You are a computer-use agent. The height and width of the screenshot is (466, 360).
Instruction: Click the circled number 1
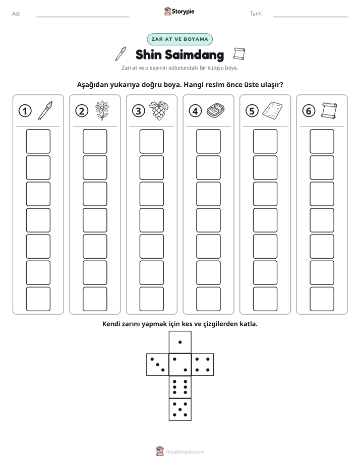coord(25,111)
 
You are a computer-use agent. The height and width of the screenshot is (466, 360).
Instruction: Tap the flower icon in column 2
coord(102,110)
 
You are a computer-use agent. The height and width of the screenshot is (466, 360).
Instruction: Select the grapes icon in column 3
coord(159,110)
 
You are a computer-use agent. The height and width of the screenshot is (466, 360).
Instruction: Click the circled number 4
coord(195,111)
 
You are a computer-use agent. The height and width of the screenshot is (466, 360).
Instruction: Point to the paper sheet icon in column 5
coord(272,110)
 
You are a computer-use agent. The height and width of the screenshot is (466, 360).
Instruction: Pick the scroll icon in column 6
coord(329,110)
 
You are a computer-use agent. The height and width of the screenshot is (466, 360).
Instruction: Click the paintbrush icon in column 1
coord(45,110)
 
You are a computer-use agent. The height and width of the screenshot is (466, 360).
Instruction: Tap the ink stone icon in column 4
coord(215,110)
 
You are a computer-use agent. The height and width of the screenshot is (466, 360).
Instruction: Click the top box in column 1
coord(38,141)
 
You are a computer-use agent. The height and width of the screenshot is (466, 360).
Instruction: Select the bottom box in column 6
coord(322,299)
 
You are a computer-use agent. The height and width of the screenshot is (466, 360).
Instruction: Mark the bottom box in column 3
coord(151,299)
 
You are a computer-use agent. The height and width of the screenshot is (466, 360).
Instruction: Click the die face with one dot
coord(180,342)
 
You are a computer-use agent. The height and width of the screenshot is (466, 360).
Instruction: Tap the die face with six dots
coord(180,387)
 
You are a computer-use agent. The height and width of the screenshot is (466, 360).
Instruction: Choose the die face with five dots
coord(180,409)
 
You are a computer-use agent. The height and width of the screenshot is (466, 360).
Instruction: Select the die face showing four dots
coord(202,365)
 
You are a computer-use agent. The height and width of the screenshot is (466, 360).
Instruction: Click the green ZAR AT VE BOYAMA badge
coord(179,39)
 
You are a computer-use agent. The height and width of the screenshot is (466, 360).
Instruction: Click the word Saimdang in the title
coord(194,54)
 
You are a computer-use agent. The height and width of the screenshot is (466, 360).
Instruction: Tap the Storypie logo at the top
coord(179,12)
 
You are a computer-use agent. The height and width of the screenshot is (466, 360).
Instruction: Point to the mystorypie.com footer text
coord(185,452)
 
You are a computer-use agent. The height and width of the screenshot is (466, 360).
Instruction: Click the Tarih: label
coord(256,14)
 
